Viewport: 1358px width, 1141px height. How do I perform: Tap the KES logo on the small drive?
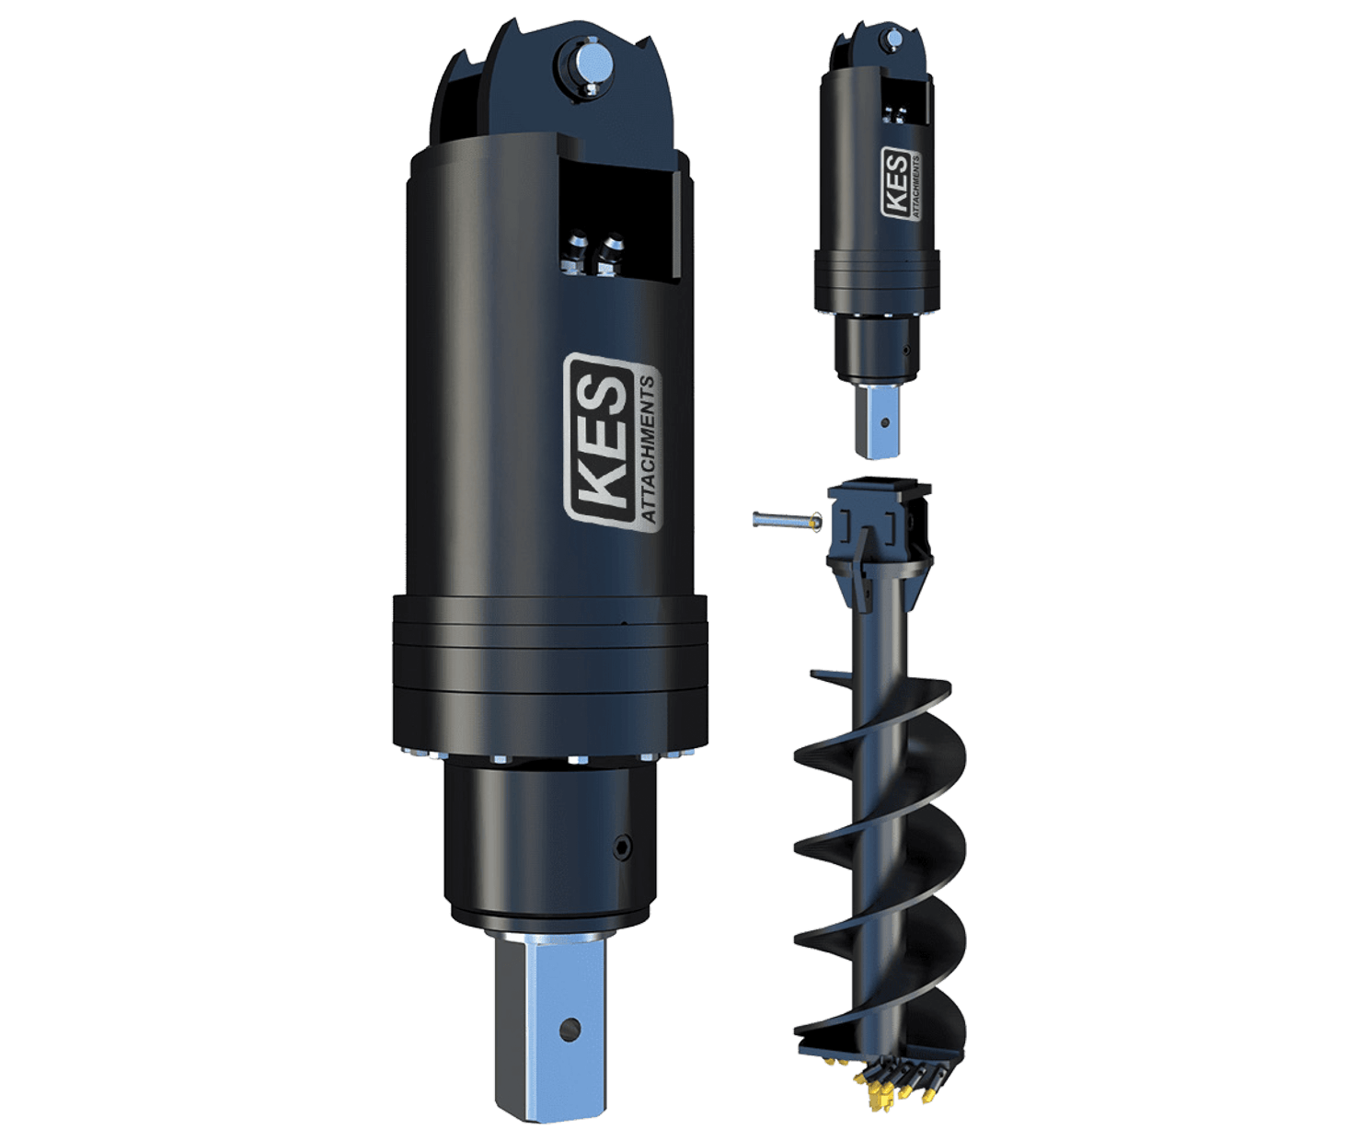pos(901,183)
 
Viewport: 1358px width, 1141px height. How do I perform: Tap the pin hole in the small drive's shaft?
pos(884,423)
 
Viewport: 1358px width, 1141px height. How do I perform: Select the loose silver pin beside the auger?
pos(787,521)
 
